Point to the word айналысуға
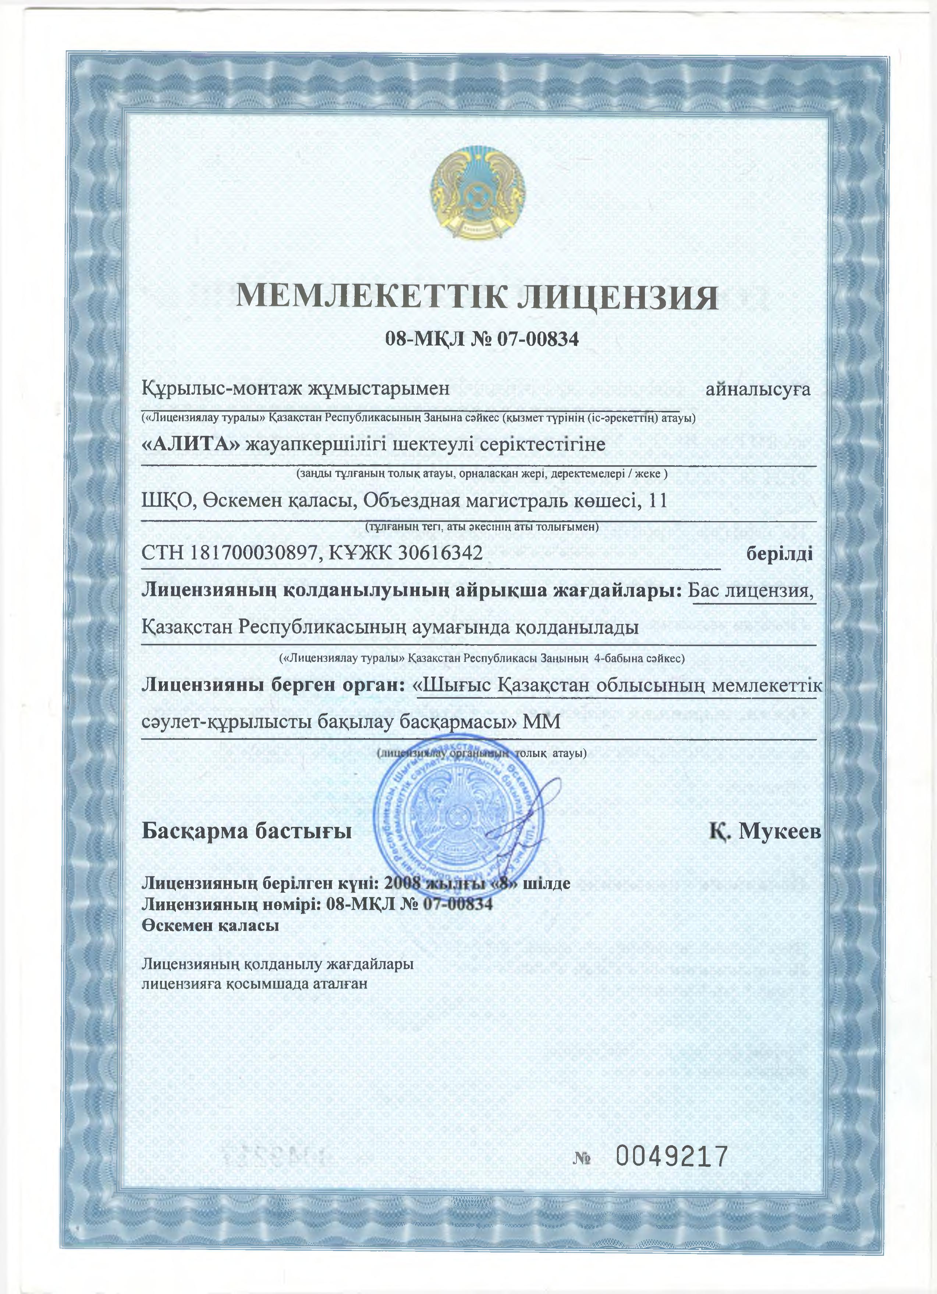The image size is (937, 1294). click(x=758, y=390)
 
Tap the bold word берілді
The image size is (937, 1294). click(x=780, y=553)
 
